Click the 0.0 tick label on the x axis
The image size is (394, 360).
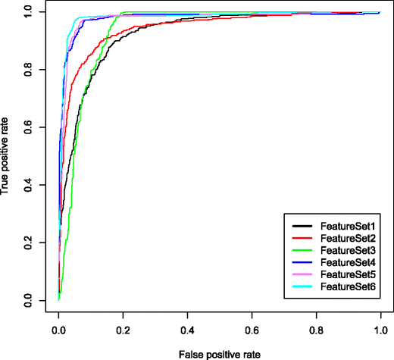(x=59, y=331)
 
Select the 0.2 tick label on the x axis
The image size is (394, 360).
(x=123, y=331)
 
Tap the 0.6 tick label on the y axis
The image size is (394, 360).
(x=28, y=128)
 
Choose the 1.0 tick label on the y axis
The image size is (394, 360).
(x=28, y=12)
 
